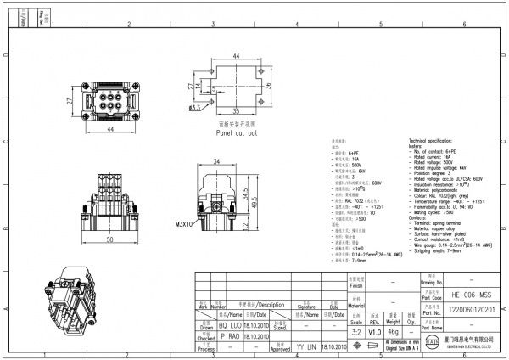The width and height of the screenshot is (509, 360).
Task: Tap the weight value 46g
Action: pyautogui.click(x=393, y=332)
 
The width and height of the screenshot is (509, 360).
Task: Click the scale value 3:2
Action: pyautogui.click(x=355, y=332)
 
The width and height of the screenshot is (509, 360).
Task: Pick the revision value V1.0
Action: pyautogui.click(x=374, y=332)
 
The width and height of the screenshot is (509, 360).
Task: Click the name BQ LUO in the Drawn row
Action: pyautogui.click(x=228, y=323)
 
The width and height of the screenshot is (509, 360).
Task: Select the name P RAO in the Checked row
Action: pyautogui.click(x=228, y=335)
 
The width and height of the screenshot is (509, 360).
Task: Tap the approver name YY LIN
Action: pyautogui.click(x=307, y=346)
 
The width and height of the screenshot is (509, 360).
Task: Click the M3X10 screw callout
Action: pyautogui.click(x=185, y=225)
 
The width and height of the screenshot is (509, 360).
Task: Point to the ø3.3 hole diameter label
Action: pyautogui.click(x=194, y=108)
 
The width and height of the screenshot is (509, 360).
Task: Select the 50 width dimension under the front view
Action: pyautogui.click(x=110, y=240)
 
